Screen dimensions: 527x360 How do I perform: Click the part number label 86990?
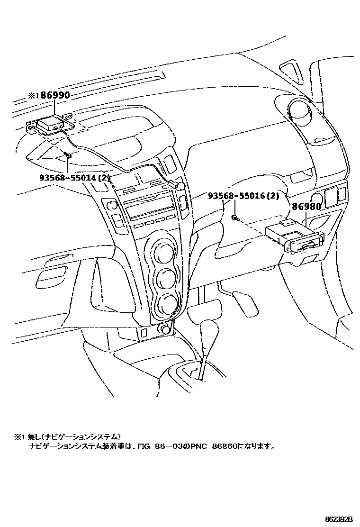(55, 95)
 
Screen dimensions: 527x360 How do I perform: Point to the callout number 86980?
(306, 207)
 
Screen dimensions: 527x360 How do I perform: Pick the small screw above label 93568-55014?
(68, 156)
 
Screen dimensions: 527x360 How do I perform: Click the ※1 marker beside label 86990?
(33, 95)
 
